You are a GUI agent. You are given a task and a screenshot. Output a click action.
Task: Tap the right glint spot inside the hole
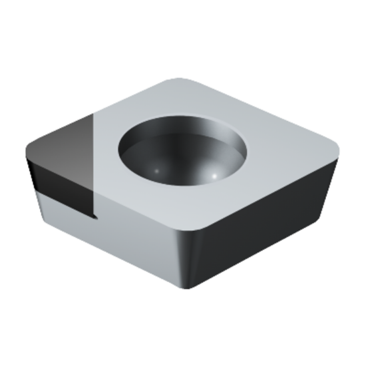point(215,175)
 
